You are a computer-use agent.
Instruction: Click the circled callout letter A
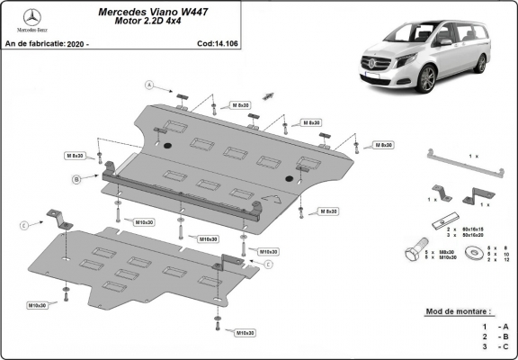click(x=151, y=86)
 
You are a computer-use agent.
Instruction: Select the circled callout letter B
click(x=77, y=180)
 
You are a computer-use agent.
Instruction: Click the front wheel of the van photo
click(x=425, y=78)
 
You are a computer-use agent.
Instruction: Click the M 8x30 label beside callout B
click(x=74, y=156)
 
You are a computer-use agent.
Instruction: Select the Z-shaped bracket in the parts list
click(x=478, y=196)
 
